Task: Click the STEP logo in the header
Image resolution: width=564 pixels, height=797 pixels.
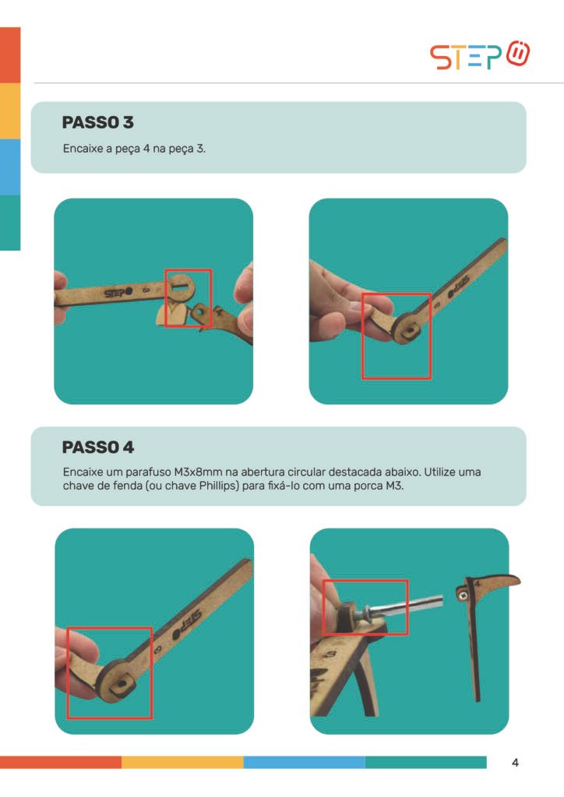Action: point(479,55)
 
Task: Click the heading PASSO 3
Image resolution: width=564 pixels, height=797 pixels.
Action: point(97,122)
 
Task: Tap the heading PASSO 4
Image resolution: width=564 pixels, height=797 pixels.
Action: point(97,448)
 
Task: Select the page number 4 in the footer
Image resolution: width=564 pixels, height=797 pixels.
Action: point(515,763)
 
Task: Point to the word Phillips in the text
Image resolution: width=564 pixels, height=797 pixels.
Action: point(219,486)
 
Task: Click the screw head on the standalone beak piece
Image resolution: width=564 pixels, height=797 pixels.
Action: point(463,595)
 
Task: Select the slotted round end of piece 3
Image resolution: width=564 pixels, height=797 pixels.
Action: point(180,288)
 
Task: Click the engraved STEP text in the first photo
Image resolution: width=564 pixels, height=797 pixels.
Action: point(118,293)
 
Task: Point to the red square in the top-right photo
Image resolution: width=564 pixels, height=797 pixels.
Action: point(397,336)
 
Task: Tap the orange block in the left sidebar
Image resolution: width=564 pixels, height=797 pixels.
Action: point(10,55)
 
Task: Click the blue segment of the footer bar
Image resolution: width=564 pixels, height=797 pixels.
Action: point(304,762)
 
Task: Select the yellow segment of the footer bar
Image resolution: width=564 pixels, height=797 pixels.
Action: point(182,762)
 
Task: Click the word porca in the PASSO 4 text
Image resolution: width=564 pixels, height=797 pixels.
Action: point(368,486)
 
